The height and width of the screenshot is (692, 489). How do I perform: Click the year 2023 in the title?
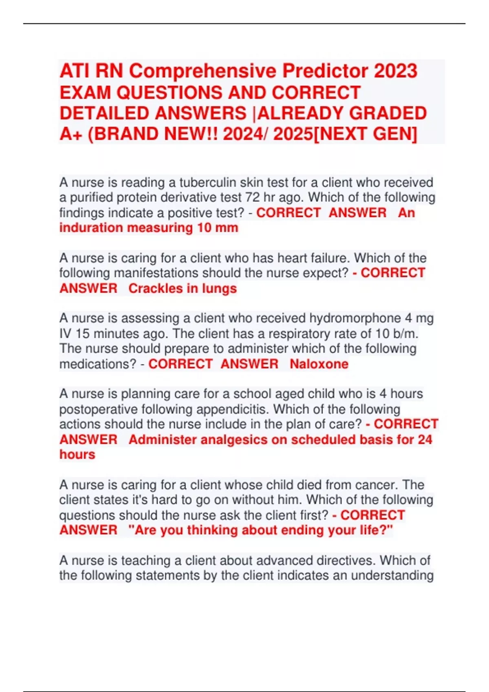pos(395,71)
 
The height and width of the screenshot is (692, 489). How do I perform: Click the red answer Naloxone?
pos(319,364)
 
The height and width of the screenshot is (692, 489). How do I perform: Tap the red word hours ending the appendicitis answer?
pos(77,454)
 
